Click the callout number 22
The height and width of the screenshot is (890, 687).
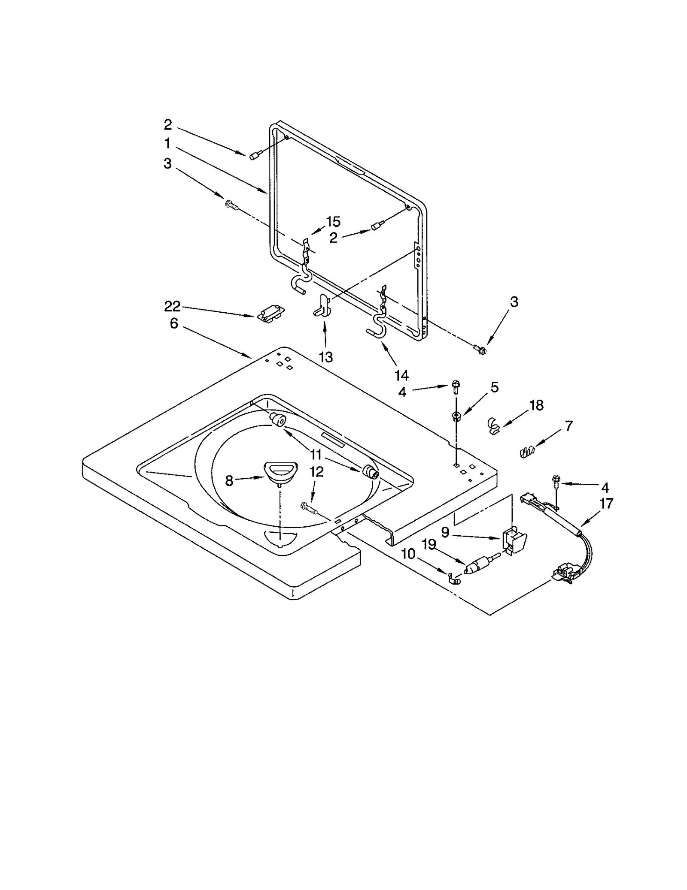pyautogui.click(x=172, y=306)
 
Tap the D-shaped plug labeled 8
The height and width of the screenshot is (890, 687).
pyautogui.click(x=278, y=471)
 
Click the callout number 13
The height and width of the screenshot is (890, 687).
pyautogui.click(x=326, y=357)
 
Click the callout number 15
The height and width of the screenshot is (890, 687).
pyautogui.click(x=333, y=222)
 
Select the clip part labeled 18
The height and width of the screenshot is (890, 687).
pyautogui.click(x=494, y=425)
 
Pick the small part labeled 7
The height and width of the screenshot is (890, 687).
pyautogui.click(x=527, y=452)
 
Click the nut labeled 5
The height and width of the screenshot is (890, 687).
pyautogui.click(x=456, y=415)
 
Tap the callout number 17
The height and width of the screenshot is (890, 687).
pyautogui.click(x=606, y=503)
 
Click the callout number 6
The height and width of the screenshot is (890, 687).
pyautogui.click(x=174, y=323)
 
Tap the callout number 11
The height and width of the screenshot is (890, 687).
pyautogui.click(x=316, y=455)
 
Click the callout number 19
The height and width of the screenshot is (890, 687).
pyautogui.click(x=429, y=545)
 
